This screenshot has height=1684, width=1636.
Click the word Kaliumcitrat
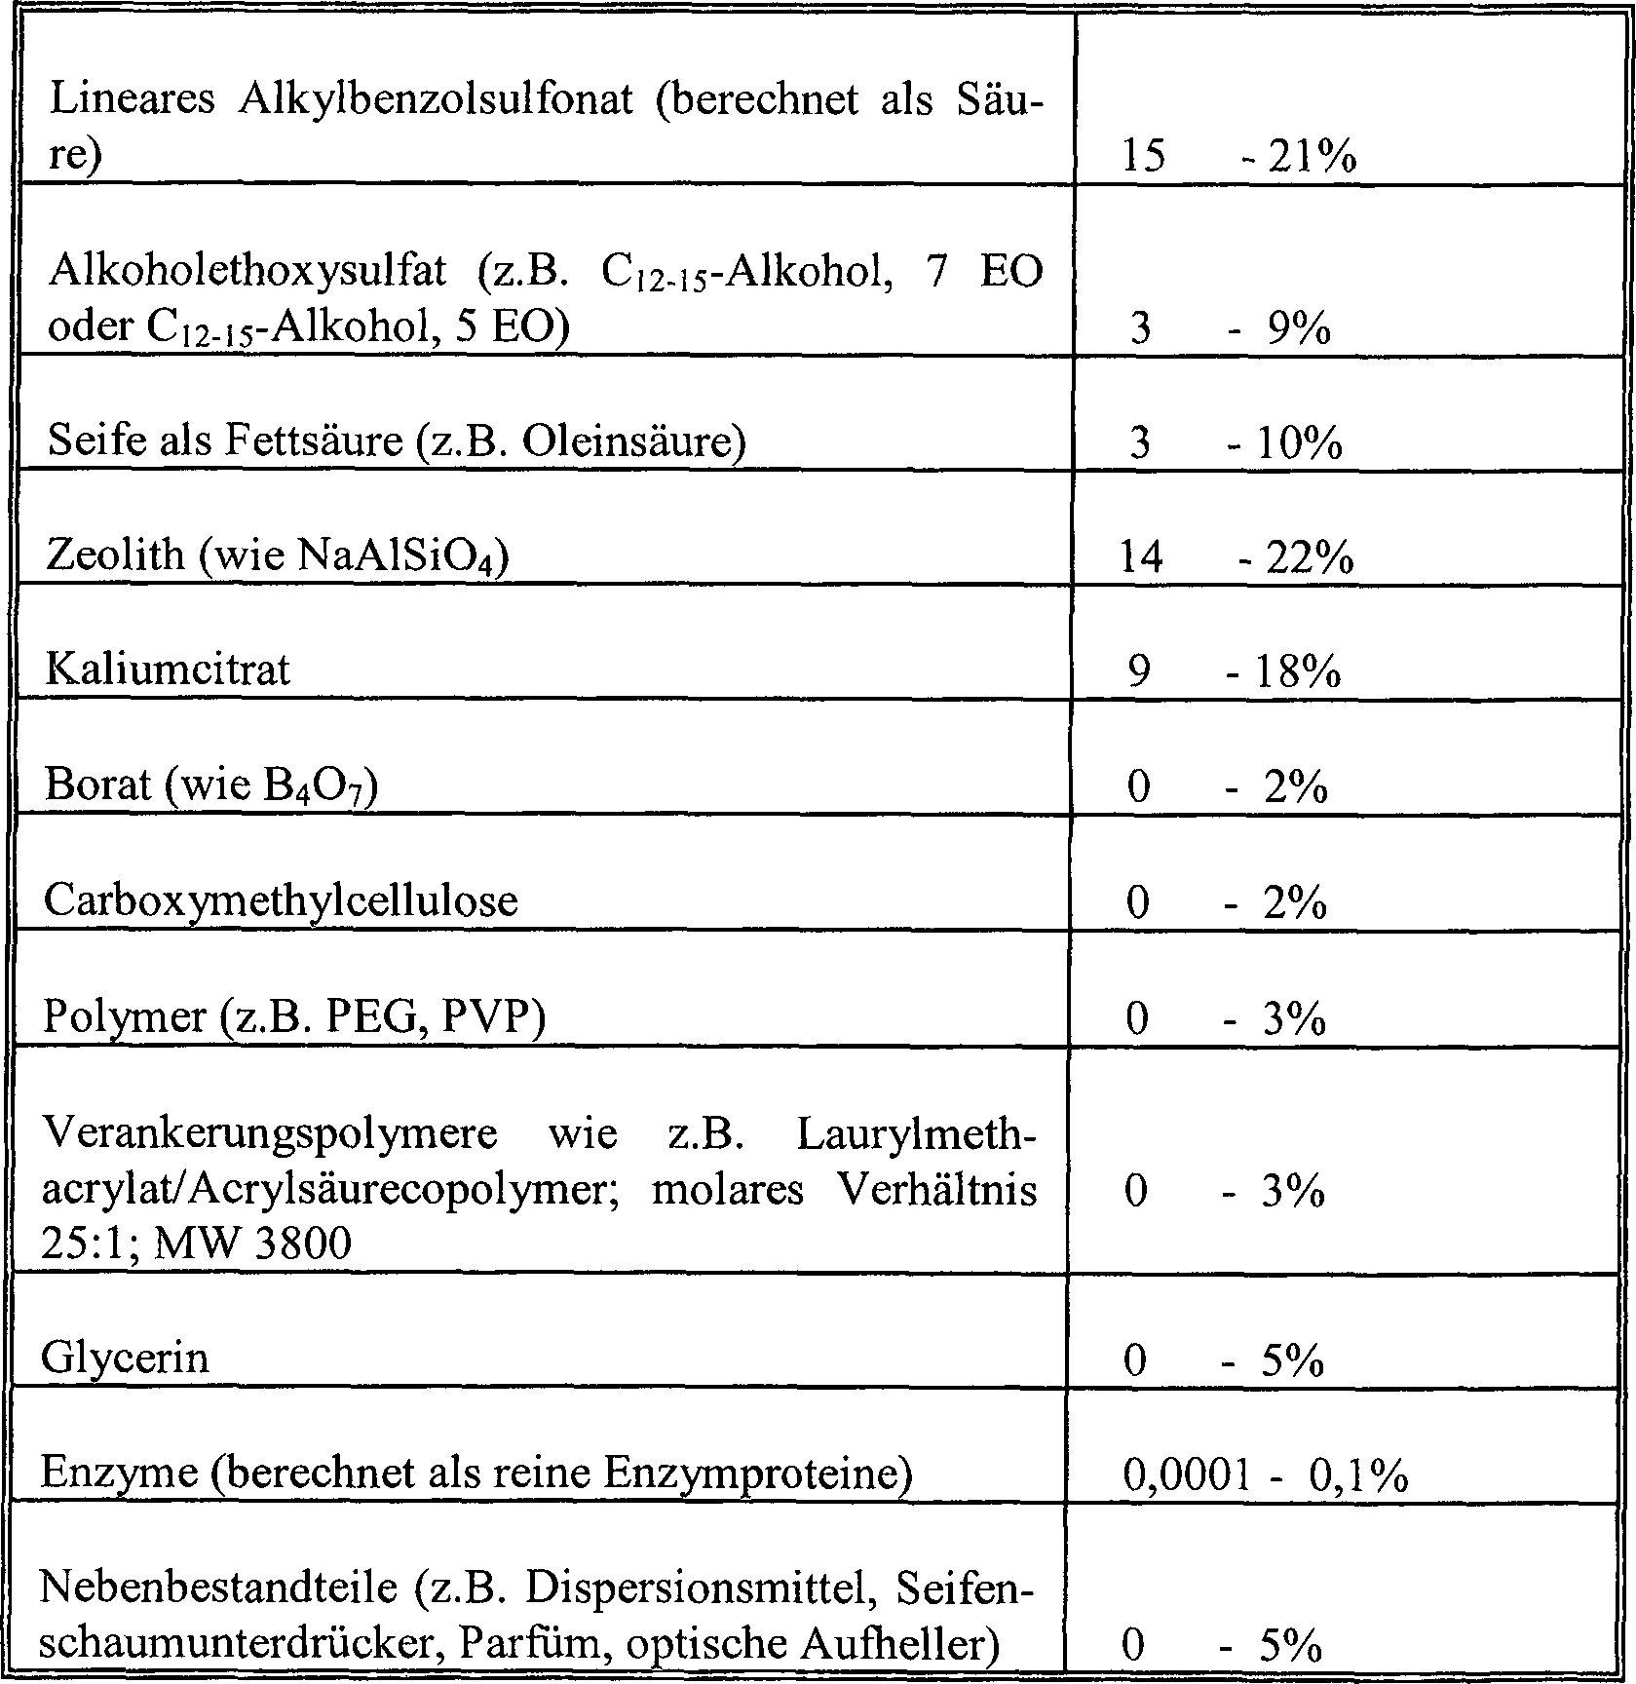(x=168, y=670)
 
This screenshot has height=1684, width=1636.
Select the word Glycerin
(x=125, y=1358)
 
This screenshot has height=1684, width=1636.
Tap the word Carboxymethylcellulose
(x=281, y=900)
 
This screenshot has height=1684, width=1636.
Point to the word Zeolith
(x=115, y=555)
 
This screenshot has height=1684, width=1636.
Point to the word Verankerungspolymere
(x=269, y=1133)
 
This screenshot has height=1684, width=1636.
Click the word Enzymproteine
(x=749, y=1473)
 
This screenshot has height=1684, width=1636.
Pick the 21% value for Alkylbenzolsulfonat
(x=1312, y=157)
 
